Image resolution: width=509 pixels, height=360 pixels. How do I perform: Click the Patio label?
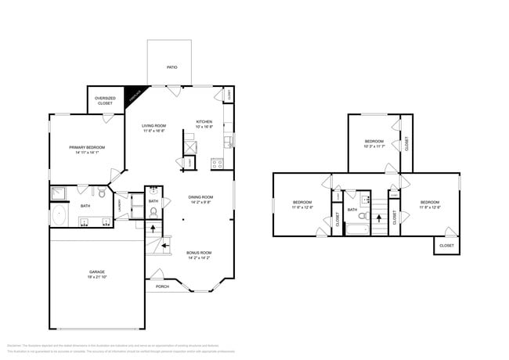171,67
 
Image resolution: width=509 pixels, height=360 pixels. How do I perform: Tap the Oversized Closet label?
105,100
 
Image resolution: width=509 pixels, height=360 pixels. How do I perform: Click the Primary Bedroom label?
85,147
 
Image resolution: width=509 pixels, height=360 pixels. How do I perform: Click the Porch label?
162,286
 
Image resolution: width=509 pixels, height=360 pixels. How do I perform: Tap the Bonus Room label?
199,253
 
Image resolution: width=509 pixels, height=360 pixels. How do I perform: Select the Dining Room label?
201,197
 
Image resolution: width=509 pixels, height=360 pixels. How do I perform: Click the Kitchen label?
204,122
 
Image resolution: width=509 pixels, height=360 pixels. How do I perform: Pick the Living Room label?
153,126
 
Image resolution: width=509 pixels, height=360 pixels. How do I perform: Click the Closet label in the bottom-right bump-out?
446,245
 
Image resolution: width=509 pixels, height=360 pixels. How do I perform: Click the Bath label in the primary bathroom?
85,206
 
